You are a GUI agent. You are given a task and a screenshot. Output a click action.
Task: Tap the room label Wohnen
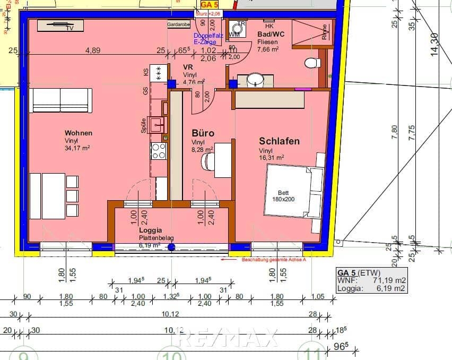tap(79, 133)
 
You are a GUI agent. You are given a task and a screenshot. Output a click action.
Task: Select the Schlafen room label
tap(279, 141)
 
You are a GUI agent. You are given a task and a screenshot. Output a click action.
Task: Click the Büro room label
tap(203, 133)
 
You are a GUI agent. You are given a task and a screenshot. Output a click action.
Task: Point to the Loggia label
tap(150, 232)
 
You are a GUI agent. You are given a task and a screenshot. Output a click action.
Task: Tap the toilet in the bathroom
tap(313, 64)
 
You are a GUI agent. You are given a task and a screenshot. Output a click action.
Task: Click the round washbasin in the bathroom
tap(256, 80)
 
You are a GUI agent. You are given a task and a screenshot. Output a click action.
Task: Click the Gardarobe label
tap(178, 24)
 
